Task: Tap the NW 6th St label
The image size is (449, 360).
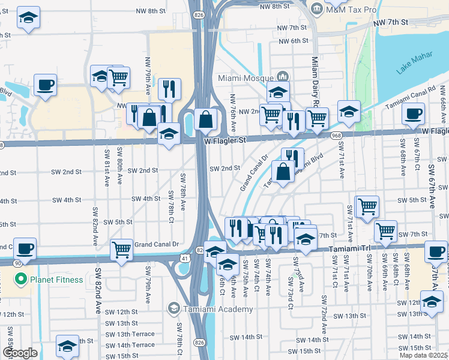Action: [x=294, y=41]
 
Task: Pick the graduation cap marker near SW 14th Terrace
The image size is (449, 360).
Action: [x=67, y=346]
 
